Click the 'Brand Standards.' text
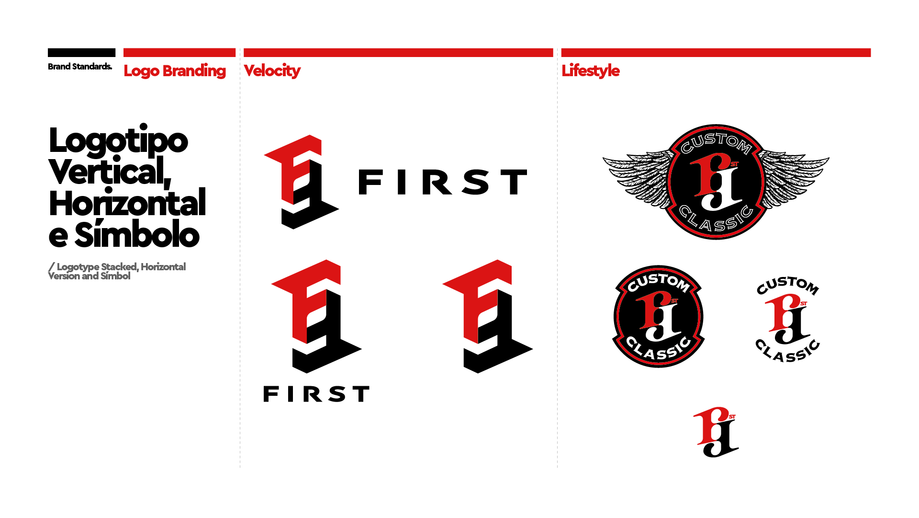coord(80,67)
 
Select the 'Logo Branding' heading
coord(175,71)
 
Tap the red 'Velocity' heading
coord(272,71)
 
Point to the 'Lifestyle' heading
coord(591,71)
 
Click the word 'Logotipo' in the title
coord(119,141)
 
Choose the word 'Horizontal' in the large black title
coord(127,203)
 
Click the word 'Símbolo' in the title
coord(137,235)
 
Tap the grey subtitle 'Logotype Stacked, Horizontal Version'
coord(117,271)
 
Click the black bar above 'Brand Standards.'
coord(82,52)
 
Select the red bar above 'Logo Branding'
coord(179,52)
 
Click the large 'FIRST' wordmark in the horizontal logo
coord(442,182)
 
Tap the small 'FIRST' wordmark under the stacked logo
coord(316,394)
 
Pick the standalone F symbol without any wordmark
coord(488,316)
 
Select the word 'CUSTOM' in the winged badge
coord(716,142)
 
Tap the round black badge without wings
coord(659,316)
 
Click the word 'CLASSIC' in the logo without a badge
coord(788,351)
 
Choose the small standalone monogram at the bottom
coord(716,432)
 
